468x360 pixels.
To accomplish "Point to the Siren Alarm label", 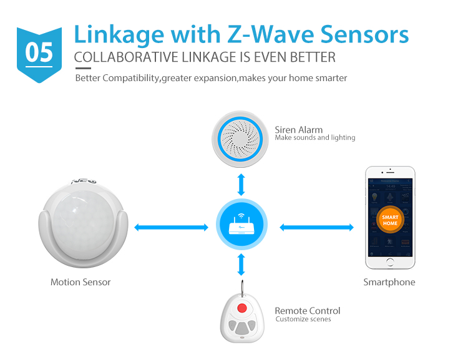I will tap(299, 130).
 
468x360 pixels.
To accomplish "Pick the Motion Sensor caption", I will tap(80, 282).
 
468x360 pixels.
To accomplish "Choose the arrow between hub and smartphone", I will tap(316, 227).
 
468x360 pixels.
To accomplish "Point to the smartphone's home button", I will tap(390, 263).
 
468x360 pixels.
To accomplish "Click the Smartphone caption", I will tap(389, 282).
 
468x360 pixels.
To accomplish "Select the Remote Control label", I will tap(308, 311).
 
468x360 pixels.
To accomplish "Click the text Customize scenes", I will tap(303, 319).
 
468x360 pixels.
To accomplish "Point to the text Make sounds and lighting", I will tap(315, 138).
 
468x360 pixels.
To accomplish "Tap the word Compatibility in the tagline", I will tap(132, 78).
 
